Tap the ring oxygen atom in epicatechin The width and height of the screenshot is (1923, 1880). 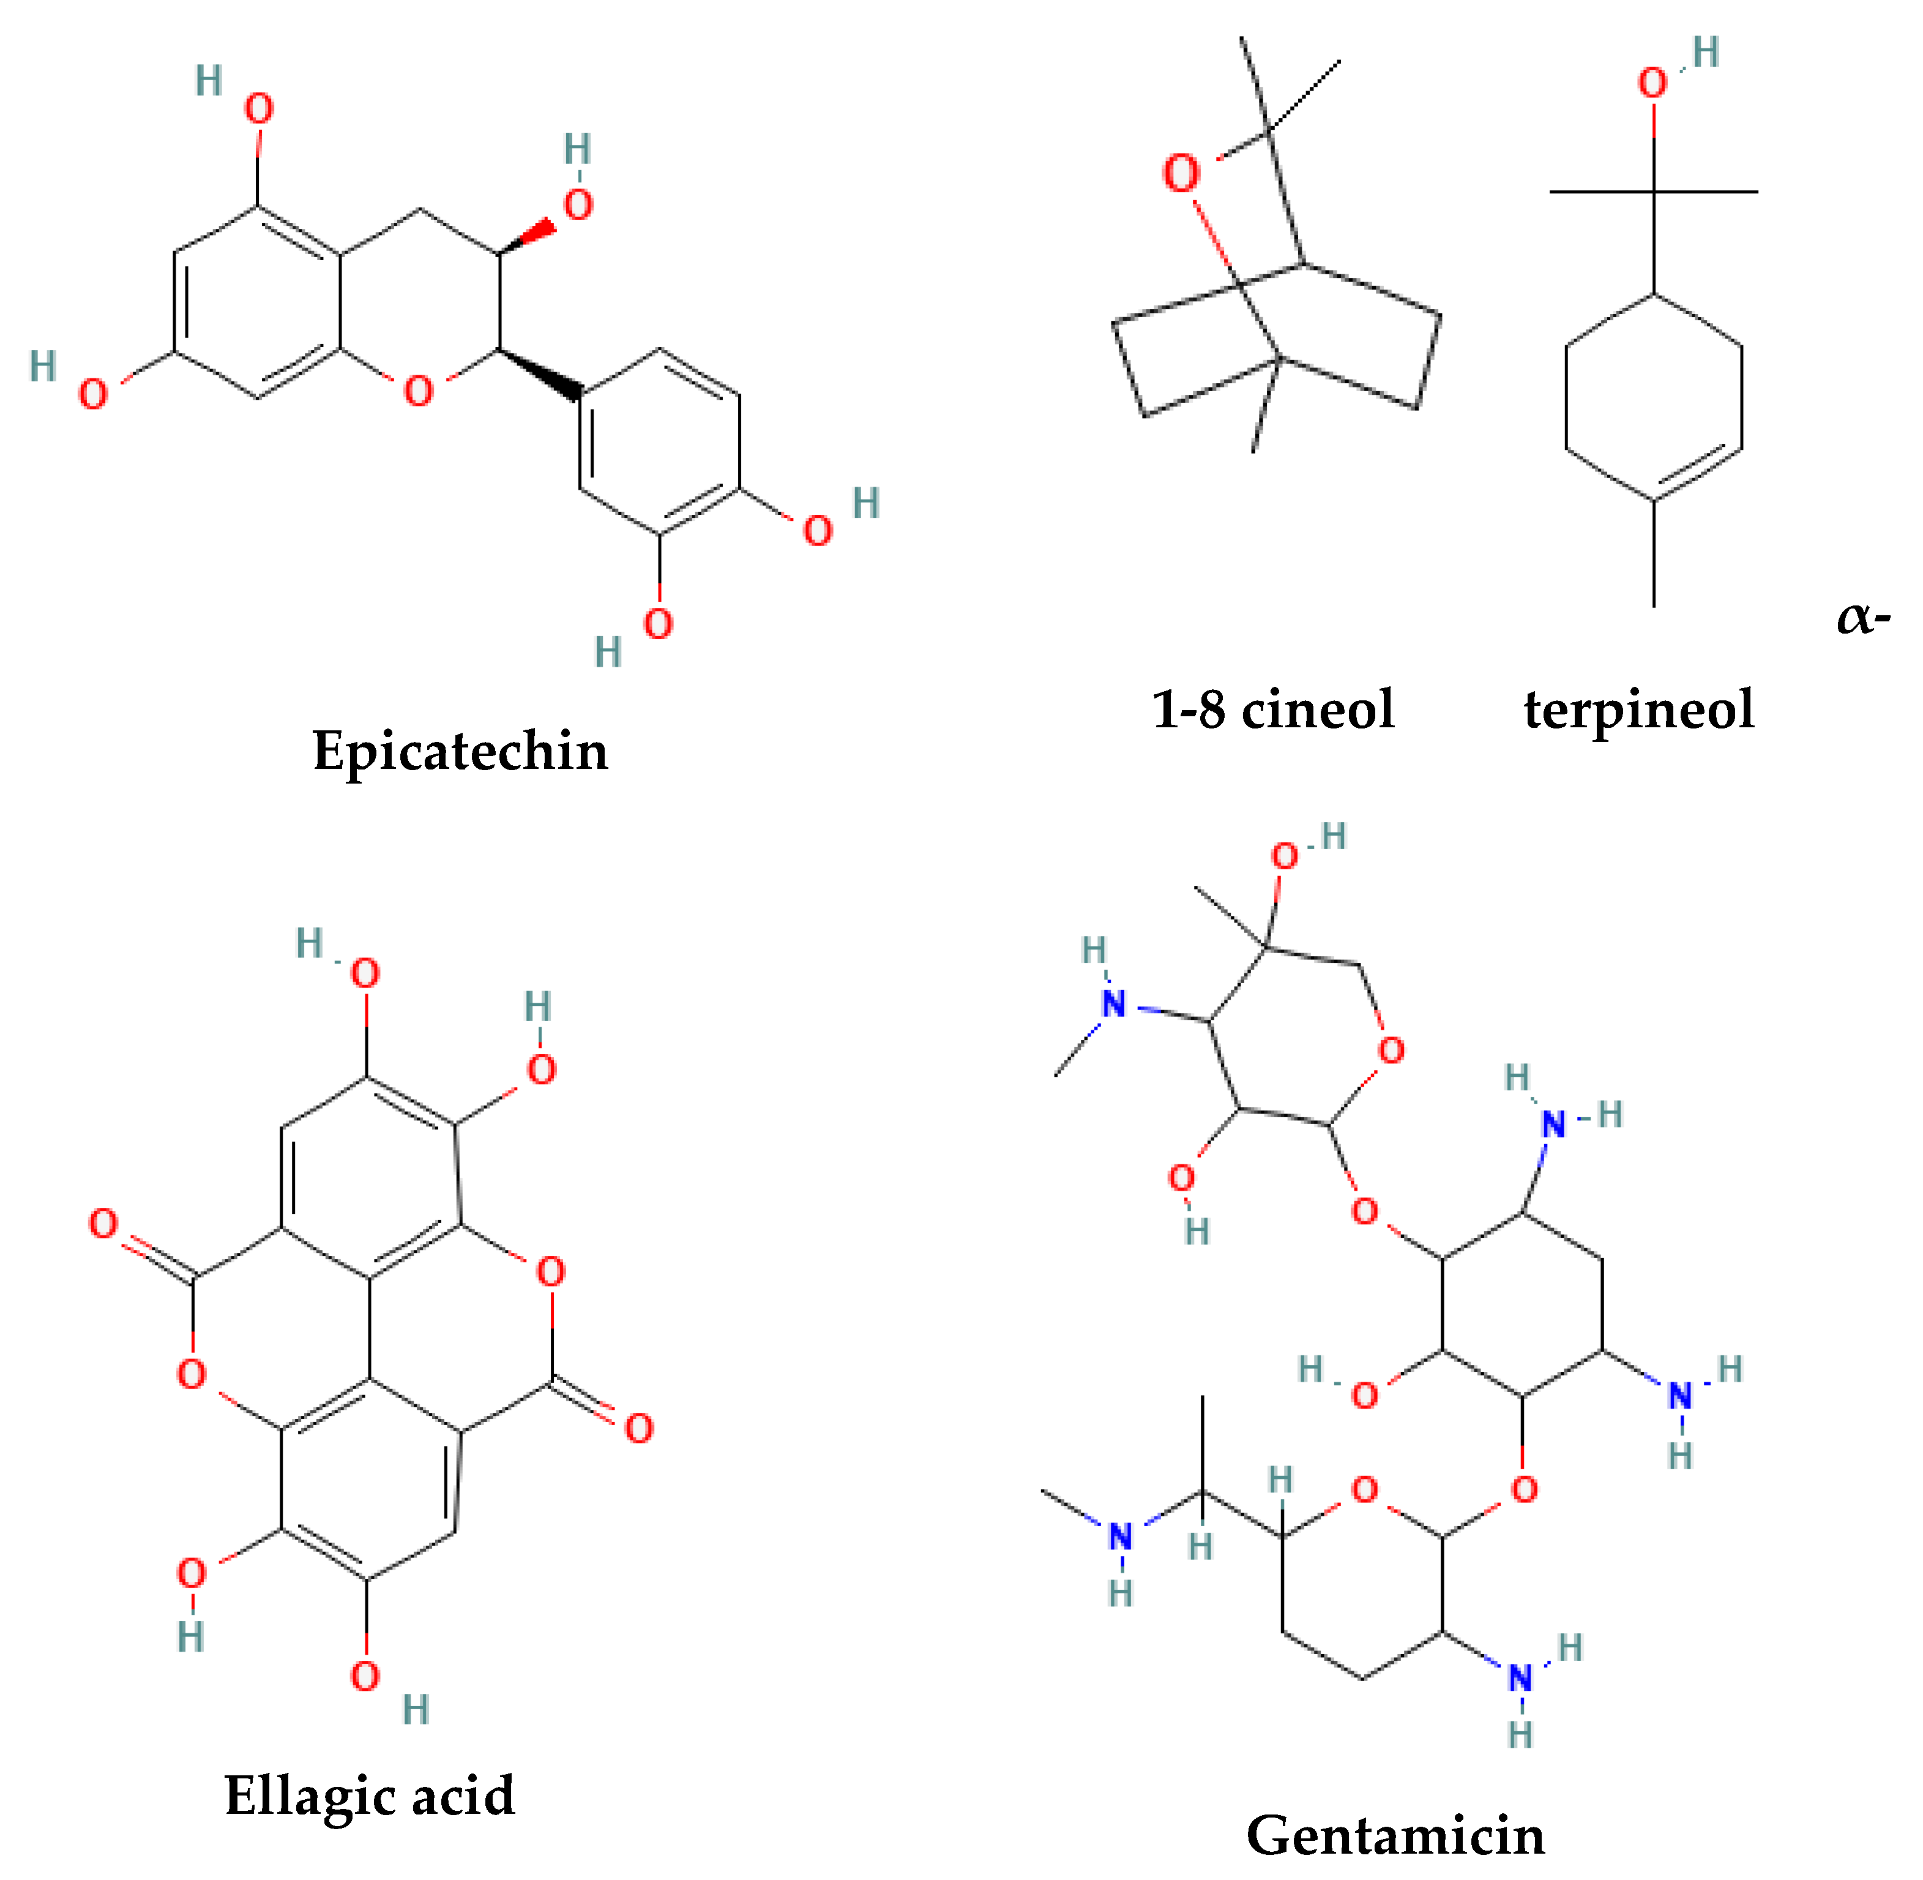[x=419, y=392]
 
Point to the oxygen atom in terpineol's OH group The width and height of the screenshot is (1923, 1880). [x=1654, y=83]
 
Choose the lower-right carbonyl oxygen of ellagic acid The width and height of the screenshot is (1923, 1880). [x=639, y=1429]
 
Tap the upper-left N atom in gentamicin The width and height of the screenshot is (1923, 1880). [x=1113, y=1004]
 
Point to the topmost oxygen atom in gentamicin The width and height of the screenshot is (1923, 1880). [x=1284, y=856]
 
